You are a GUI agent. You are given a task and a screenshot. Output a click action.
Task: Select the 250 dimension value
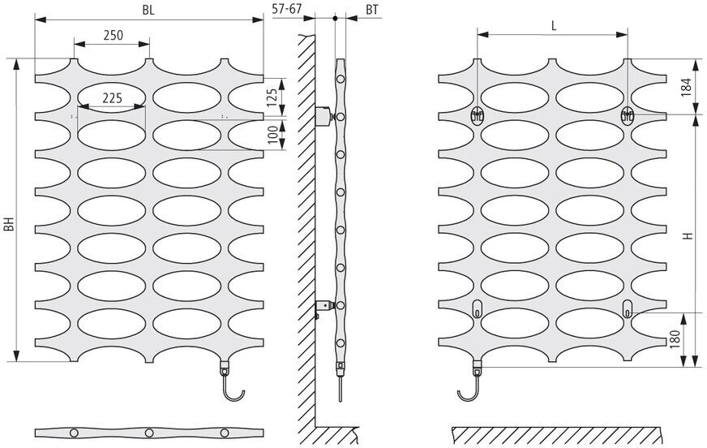113,35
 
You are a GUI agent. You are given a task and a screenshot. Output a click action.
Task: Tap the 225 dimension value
112,97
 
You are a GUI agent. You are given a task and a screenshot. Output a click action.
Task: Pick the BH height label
9,222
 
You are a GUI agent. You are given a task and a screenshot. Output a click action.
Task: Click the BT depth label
372,10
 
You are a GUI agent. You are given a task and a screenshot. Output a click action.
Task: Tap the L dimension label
554,24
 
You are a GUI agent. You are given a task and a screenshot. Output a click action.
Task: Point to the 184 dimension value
686,86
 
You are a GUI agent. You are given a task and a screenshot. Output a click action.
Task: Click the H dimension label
686,236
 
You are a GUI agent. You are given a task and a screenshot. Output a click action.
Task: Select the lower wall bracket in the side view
324,307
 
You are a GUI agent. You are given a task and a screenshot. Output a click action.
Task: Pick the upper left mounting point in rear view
478,115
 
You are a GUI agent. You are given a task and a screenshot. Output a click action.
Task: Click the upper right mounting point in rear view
627,115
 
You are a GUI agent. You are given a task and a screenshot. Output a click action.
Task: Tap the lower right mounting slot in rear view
628,307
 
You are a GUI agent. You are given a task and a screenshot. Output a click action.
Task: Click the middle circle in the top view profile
150,431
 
